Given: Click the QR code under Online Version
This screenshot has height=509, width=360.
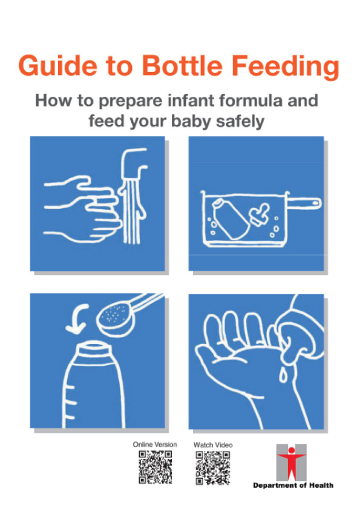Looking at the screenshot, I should pos(155,467).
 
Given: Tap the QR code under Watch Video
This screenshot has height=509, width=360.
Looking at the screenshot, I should pos(213,467).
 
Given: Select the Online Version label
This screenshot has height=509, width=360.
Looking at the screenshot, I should pos(155,445).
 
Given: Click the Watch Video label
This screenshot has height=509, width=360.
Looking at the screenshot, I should pos(213,445).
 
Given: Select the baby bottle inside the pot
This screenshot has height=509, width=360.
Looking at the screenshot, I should pos(227,217).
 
